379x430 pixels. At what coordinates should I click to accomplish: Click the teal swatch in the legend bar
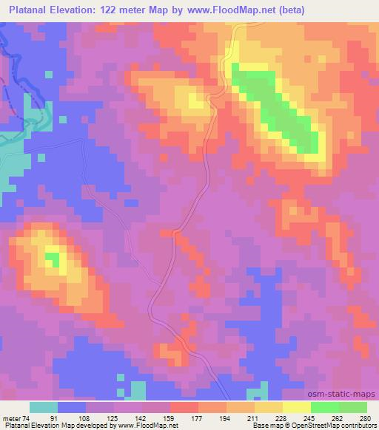(x=44, y=407)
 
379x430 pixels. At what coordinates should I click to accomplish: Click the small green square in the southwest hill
(x=52, y=259)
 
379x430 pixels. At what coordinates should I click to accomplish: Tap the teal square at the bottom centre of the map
(x=138, y=389)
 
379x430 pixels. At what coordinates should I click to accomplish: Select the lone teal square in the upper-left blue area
(x=48, y=75)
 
